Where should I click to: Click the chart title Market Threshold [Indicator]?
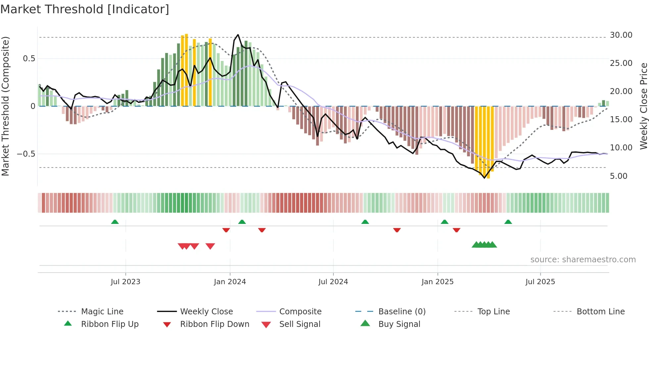click(x=85, y=9)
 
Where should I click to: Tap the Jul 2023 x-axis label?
click(x=125, y=282)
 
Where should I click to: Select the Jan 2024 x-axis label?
click(x=230, y=282)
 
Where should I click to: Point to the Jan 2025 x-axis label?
click(x=437, y=282)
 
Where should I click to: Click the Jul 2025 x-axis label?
click(x=540, y=282)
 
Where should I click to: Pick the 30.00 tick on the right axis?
click(x=621, y=35)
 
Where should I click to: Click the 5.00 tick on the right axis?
click(x=618, y=176)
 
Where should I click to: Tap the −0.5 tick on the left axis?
click(x=26, y=154)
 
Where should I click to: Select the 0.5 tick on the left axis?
click(x=29, y=59)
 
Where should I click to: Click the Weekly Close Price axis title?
click(x=643, y=106)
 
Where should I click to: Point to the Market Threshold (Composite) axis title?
click(x=5, y=106)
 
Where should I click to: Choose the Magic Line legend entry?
click(x=102, y=312)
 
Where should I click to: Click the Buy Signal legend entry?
click(x=399, y=324)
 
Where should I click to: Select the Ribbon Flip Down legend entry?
click(x=214, y=324)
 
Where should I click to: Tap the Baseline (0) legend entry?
click(x=402, y=312)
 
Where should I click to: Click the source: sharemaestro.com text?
click(x=583, y=260)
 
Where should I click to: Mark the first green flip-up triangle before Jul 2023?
click(x=115, y=222)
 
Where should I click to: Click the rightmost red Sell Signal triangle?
click(x=210, y=246)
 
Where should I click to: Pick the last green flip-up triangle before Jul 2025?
click(x=508, y=222)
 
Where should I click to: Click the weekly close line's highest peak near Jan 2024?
click(x=238, y=34)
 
